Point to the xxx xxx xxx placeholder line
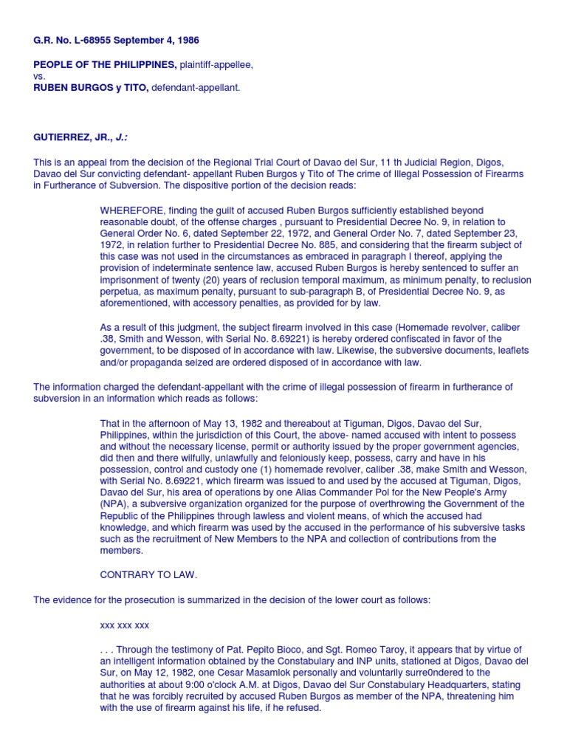[x=125, y=625]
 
